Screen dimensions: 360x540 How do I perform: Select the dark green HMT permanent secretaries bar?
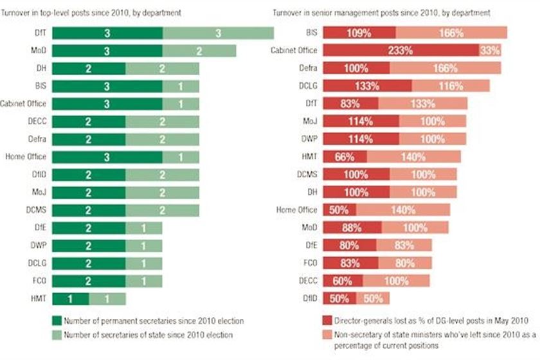point(70,298)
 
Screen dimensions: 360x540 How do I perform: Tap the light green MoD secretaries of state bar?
point(199,51)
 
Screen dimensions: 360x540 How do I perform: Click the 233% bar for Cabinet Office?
point(401,51)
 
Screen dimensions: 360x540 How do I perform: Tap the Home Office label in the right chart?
point(301,210)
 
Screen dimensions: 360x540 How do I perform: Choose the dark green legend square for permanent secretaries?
point(56,319)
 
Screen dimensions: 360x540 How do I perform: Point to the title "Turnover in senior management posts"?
point(399,12)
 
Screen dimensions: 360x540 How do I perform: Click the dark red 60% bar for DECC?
point(342,280)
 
